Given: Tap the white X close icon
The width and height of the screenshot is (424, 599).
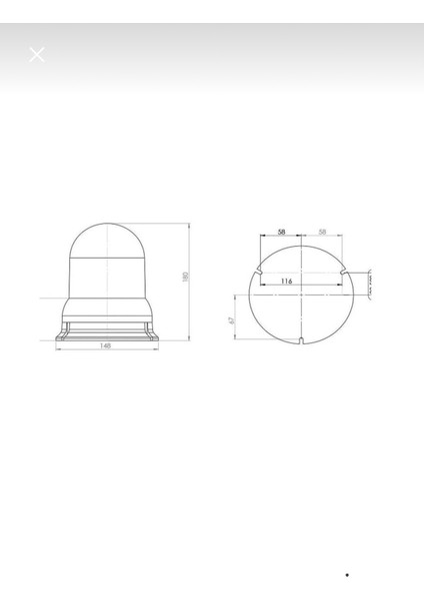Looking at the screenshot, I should tap(37, 55).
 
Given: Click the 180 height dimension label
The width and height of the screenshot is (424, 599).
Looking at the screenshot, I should tap(186, 277).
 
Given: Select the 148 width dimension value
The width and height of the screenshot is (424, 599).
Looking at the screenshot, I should tap(105, 344).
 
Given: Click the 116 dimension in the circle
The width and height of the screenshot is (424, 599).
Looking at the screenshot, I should tap(287, 282).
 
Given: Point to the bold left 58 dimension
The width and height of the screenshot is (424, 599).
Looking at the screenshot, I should tap(281, 232).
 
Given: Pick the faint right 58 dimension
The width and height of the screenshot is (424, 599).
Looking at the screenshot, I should tap(321, 232).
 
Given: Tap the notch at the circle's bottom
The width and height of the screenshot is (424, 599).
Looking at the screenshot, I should tap(301, 342).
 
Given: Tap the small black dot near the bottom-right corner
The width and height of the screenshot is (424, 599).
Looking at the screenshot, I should tap(347, 575).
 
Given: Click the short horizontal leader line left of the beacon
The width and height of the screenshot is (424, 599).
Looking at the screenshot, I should tap(50, 299).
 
